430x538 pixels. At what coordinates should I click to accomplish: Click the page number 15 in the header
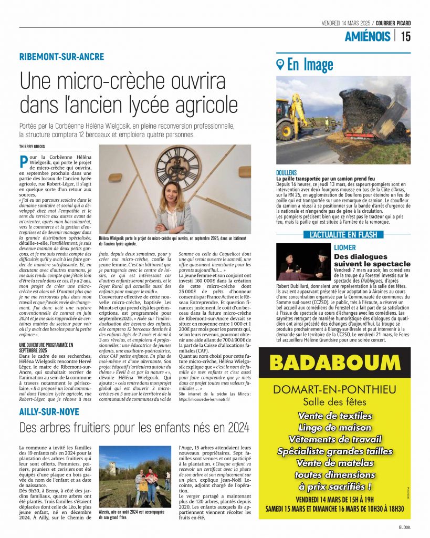[405, 36]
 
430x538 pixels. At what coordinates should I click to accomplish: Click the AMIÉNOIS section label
[368, 36]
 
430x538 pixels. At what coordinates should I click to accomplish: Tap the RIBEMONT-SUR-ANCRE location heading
[61, 57]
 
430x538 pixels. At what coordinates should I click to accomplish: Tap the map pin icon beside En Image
[280, 65]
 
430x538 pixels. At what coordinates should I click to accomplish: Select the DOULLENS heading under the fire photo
[287, 173]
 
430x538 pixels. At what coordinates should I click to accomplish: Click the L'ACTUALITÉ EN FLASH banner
[343, 235]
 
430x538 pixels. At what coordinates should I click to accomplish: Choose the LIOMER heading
[345, 247]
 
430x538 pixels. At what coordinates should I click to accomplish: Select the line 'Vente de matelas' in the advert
[334, 463]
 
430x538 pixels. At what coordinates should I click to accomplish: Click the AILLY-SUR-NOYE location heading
[49, 411]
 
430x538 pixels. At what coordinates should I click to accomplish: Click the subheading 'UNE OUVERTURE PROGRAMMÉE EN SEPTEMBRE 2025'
[46, 347]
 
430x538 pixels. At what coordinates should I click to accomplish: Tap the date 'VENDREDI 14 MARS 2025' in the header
[347, 23]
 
